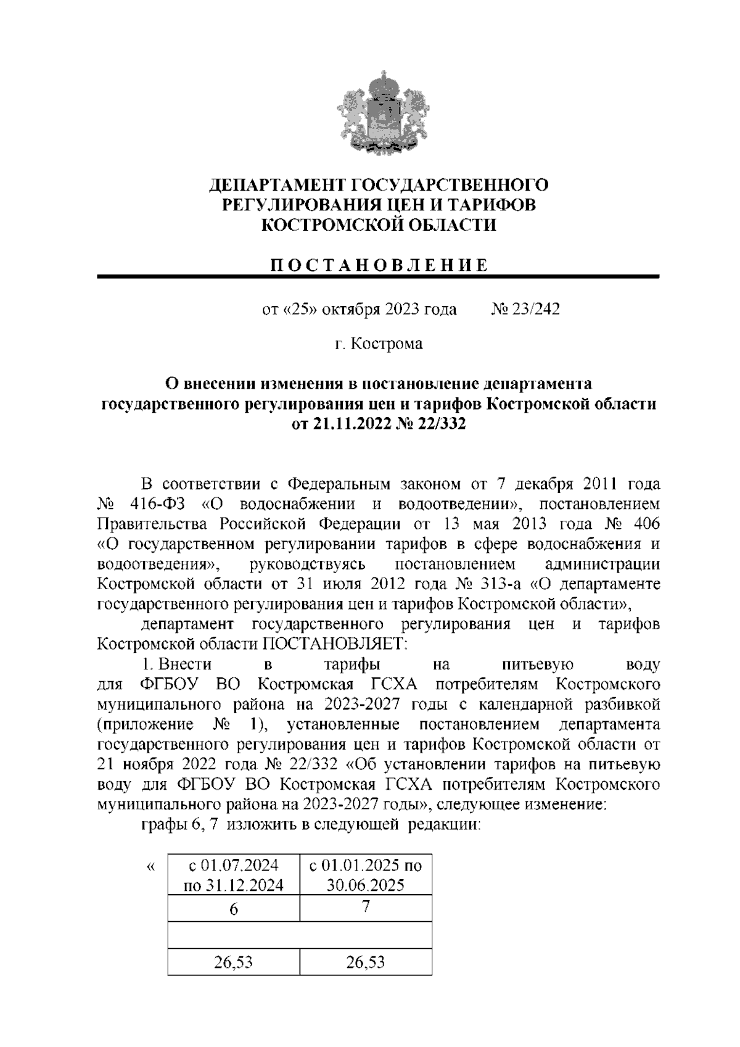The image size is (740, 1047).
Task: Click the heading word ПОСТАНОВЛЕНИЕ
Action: tap(379, 265)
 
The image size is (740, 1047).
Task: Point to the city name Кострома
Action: tap(387, 344)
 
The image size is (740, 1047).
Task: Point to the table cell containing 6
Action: tap(234, 909)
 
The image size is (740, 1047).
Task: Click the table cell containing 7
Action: tap(366, 907)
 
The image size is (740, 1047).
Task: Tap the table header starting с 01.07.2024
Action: tap(234, 875)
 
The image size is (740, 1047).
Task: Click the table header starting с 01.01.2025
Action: tap(366, 875)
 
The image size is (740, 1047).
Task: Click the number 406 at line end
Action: tap(646, 524)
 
